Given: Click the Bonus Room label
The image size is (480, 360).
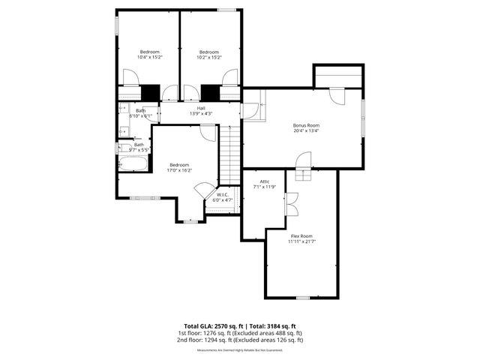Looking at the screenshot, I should click(306, 125).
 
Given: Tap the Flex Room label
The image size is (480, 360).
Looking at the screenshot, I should click(301, 235).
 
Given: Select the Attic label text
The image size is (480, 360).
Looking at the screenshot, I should click(264, 181).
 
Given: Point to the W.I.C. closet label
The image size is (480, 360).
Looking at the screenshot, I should click(221, 194).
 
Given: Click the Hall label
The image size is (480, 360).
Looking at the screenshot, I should click(201, 109).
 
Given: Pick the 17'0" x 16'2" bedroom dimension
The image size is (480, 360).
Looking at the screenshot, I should click(179, 170).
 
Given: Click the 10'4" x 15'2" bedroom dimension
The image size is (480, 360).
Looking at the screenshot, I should click(150, 57).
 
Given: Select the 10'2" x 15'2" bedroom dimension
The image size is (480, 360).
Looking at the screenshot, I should click(209, 57).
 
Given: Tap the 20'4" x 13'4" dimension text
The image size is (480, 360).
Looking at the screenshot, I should click(306, 130).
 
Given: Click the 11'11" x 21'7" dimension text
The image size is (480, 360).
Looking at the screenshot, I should click(301, 241).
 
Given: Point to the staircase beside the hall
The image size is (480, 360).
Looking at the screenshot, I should click(230, 154).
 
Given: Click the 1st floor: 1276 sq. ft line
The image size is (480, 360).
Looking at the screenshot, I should click(239, 332).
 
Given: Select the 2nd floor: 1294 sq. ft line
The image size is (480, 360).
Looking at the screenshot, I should click(239, 340).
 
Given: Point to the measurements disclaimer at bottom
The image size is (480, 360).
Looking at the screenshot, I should click(239, 349).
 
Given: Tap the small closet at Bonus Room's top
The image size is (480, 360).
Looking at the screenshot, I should click(338, 76).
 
